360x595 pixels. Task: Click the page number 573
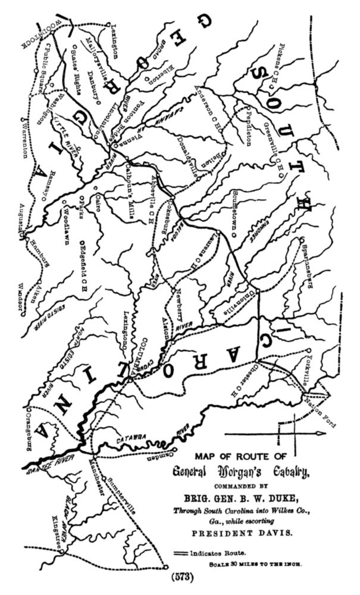180,577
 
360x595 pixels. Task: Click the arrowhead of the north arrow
322,434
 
